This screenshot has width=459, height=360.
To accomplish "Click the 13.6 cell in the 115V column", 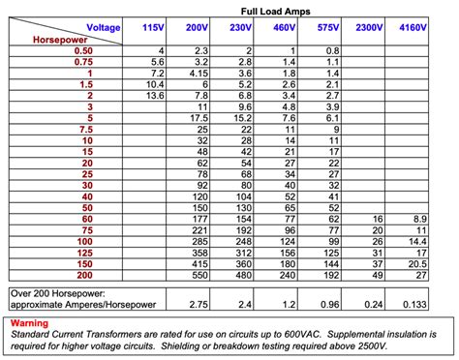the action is coord(156,95).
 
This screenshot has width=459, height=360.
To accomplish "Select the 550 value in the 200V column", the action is coord(200,276).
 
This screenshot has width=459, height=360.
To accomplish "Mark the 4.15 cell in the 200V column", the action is coord(199,72).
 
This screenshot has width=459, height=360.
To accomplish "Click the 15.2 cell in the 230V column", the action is coord(243,117).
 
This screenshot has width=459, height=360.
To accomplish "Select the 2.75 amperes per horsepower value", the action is coord(199,304).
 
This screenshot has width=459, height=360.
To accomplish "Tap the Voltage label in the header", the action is coord(104,28).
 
